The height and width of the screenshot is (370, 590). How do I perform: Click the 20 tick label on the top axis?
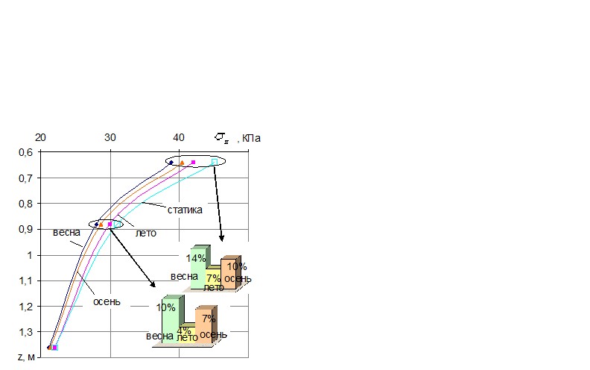tap(41, 137)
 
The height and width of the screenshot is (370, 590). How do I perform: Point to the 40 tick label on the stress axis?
tap(179, 137)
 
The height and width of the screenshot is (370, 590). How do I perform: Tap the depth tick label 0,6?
tap(25, 153)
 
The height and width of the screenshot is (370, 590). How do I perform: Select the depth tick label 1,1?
tap(25, 280)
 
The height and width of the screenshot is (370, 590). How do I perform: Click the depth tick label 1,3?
tap(25, 332)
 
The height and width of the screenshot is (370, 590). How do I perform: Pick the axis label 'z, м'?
tap(26, 357)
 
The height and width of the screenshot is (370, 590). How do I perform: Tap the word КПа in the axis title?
tap(251, 138)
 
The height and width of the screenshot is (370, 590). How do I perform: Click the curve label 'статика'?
tap(185, 210)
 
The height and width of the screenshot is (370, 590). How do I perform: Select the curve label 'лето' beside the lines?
tap(145, 233)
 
